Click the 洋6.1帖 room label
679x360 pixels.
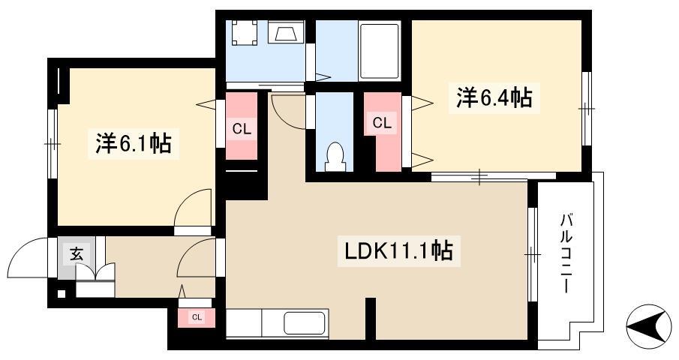tap(134, 144)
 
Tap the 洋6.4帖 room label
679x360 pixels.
tap(494, 97)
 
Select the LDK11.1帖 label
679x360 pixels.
tap(399, 250)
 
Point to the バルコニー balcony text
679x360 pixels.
tap(566, 253)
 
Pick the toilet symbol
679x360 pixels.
tap(335, 157)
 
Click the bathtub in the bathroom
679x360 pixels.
tap(380, 52)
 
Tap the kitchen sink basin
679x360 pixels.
tap(305, 323)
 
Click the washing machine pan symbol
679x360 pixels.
tap(245, 32)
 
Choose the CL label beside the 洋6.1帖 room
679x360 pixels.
tap(242, 129)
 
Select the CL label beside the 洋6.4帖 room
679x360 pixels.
tap(382, 123)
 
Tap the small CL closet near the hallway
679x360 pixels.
tap(197, 317)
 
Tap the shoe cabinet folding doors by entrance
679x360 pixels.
tap(95, 274)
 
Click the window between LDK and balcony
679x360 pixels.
tap(533, 254)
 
